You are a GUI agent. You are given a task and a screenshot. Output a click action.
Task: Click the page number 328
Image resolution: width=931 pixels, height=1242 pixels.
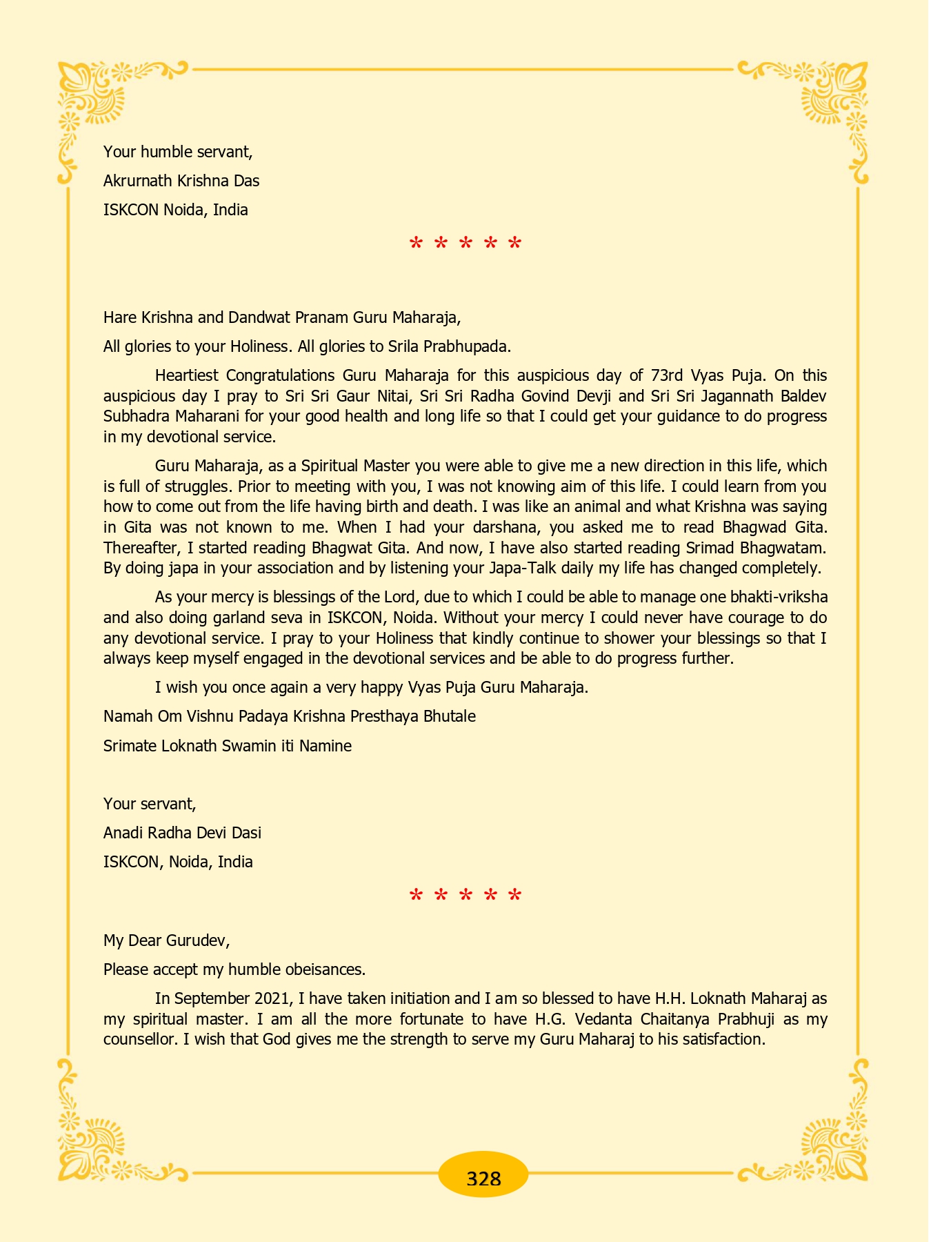coord(483,1178)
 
